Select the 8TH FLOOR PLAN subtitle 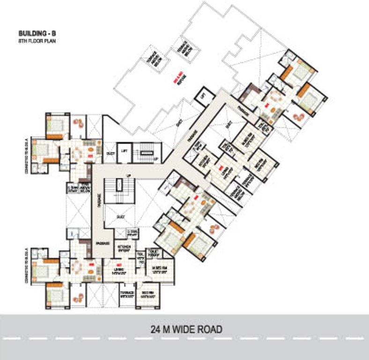(x=34, y=41)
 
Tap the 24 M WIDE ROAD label (x=186, y=329)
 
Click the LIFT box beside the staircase (x=124, y=151)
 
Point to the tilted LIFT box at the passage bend (x=203, y=96)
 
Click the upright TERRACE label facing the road (x=127, y=294)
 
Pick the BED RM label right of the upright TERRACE (x=147, y=294)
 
